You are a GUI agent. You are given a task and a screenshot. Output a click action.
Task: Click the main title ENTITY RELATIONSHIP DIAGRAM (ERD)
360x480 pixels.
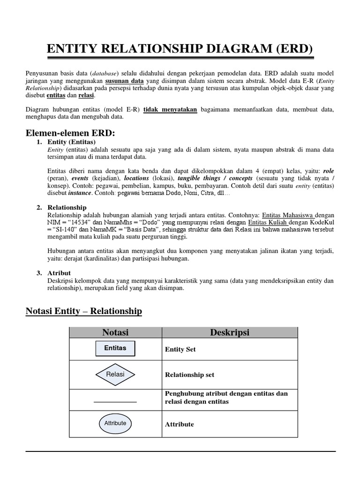pos(180,49)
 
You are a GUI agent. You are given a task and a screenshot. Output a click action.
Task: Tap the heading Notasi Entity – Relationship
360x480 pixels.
pos(83,311)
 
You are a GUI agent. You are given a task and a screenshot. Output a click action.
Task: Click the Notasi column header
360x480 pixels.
pos(115,332)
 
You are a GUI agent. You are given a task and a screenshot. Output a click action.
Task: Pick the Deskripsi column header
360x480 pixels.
pos(230,332)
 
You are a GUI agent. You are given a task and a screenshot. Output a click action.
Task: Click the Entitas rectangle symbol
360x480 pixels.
pos(115,348)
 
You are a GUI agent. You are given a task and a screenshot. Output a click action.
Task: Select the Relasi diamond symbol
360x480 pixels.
pos(115,375)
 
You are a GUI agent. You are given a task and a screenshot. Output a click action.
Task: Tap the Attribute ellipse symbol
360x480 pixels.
pos(115,423)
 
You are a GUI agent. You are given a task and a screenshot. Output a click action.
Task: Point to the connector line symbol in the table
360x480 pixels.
pos(115,402)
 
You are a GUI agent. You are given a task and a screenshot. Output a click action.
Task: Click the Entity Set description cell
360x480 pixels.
pos(180,349)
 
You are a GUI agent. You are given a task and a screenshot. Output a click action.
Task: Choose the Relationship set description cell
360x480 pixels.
pos(189,375)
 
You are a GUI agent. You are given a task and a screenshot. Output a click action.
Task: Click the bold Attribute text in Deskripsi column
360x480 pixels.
pos(179,424)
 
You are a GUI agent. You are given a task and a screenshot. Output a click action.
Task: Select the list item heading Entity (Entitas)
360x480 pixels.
pos(72,142)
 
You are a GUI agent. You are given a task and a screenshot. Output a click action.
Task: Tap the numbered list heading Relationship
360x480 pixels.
pos(67,207)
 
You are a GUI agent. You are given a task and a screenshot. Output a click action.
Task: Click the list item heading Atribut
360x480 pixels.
pos(59,273)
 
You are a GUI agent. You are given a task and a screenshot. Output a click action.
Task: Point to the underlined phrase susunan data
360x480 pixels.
pos(124,81)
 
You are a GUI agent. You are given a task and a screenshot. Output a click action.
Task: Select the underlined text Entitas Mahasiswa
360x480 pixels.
pos(288,214)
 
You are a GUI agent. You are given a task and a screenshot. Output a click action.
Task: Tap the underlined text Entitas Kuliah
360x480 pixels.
pos(268,222)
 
